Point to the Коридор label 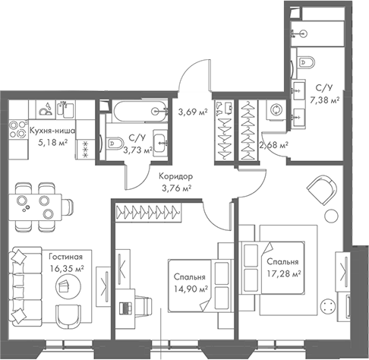175,176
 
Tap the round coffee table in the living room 63,284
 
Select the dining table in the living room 36,202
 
